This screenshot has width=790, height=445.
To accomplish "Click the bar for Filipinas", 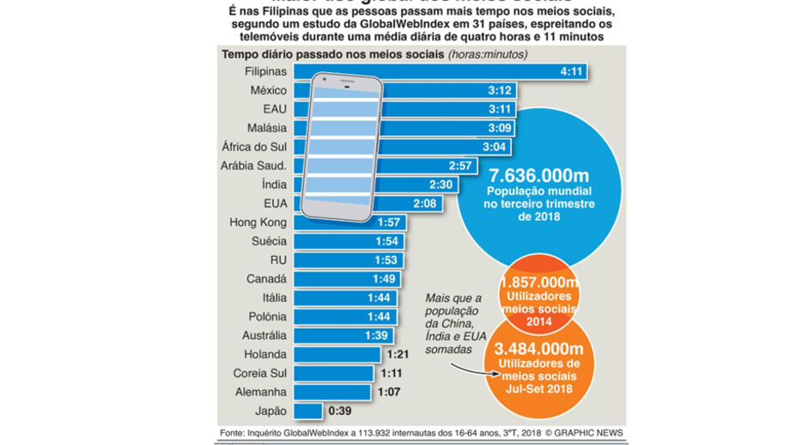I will point(447,71).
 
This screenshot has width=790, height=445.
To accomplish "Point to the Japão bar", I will point(307,411).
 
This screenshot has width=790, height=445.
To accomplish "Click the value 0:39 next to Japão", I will point(339,411).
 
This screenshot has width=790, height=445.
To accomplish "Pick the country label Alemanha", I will point(260,392).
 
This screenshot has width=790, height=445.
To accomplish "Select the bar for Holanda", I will point(337,354).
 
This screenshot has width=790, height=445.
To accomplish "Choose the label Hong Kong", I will point(258,222).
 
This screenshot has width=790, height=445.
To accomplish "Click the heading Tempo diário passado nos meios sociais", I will point(331,54).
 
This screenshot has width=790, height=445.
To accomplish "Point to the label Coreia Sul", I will point(259,373).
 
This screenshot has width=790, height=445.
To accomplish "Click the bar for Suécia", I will point(349,241).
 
